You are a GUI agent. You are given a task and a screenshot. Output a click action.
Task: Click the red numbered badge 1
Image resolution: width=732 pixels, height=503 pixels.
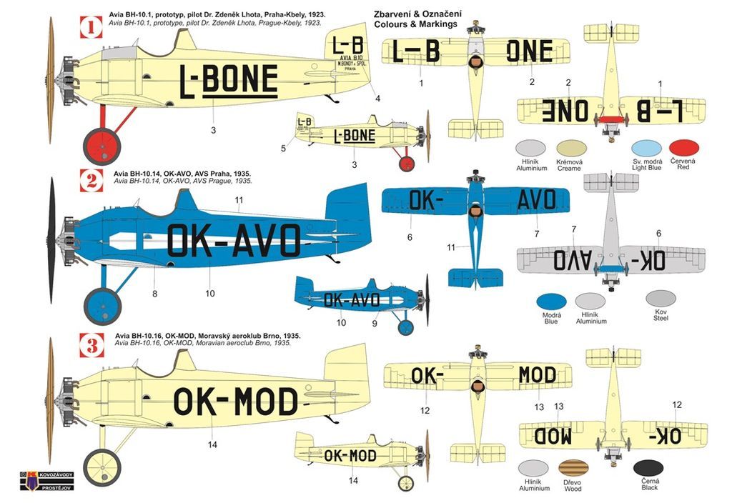click(x=89, y=28)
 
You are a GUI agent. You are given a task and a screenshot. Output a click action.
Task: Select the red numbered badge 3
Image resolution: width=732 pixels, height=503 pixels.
click(x=89, y=347)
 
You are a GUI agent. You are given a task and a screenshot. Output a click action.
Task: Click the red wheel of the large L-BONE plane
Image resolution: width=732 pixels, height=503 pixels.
click(x=102, y=146)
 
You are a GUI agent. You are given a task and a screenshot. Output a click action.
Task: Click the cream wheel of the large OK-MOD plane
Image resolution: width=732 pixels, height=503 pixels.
click(x=102, y=467)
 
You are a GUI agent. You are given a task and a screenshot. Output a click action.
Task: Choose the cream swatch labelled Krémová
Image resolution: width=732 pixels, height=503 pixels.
click(x=569, y=148)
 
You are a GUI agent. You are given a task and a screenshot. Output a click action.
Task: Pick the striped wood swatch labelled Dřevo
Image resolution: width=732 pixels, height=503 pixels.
click(x=573, y=469)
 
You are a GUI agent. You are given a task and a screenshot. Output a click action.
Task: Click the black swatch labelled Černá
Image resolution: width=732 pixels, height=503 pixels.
click(x=648, y=469)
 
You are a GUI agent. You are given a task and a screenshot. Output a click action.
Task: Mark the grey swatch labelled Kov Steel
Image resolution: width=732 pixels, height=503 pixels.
click(x=661, y=298)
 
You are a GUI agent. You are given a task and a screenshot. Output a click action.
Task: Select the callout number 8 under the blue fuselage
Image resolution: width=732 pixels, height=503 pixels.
click(x=154, y=293)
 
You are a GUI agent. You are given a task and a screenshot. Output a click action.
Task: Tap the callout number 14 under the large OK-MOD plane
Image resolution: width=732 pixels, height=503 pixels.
click(x=212, y=445)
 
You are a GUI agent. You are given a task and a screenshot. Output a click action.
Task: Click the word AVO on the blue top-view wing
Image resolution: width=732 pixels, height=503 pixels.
click(x=536, y=200)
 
